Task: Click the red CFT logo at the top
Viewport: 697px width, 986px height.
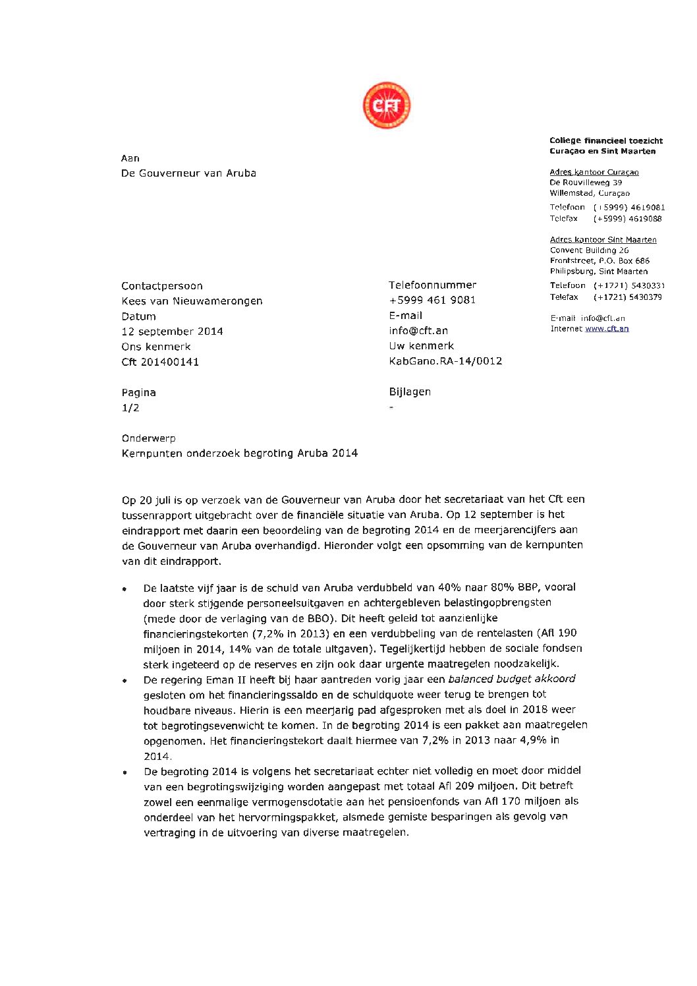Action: pos(387,105)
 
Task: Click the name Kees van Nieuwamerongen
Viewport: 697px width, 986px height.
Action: pos(192,301)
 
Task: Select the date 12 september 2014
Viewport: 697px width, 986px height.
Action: pos(172,332)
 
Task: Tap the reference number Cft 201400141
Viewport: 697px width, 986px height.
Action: pos(160,362)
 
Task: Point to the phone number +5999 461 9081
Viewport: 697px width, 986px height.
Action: pos(432,300)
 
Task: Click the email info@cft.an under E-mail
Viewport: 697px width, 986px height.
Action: pos(418,330)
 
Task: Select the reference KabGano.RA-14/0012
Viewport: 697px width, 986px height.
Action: pos(445,361)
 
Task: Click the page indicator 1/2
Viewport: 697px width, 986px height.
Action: pos(130,408)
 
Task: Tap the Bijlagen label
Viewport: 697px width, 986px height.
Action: pos(410,391)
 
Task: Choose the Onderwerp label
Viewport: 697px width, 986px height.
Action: pos(148,438)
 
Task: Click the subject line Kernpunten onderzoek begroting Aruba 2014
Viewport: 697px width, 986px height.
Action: pos(240,453)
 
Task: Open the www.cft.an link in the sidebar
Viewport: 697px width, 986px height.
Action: pos(607,328)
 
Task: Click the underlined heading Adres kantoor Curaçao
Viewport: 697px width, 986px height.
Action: pos(594,172)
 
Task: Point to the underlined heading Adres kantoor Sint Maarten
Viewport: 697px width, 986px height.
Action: pos(603,240)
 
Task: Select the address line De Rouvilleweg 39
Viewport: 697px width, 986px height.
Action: pos(586,183)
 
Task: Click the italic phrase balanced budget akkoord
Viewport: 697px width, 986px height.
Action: pos(511,679)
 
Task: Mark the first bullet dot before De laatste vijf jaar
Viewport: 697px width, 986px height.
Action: pos(125,589)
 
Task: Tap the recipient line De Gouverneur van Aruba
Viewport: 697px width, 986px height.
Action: pos(188,173)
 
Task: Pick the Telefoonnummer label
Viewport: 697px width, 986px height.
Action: pos(432,285)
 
